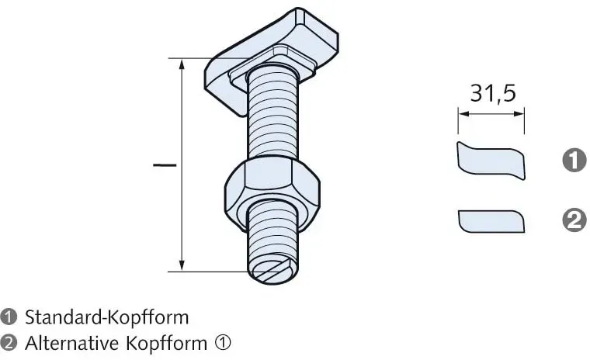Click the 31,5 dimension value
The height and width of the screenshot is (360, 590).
coord(493,93)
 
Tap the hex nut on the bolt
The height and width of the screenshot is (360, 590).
coord(272,192)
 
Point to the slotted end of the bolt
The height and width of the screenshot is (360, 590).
coord(272,269)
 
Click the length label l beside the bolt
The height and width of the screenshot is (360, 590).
coord(165,164)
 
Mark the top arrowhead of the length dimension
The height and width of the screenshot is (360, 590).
coord(182,65)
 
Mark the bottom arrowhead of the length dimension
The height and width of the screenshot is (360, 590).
coord(182,265)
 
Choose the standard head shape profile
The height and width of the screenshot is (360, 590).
coord(491,161)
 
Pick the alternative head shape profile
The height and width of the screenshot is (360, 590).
coord(491,221)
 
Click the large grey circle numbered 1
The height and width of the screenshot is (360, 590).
coord(574,160)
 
